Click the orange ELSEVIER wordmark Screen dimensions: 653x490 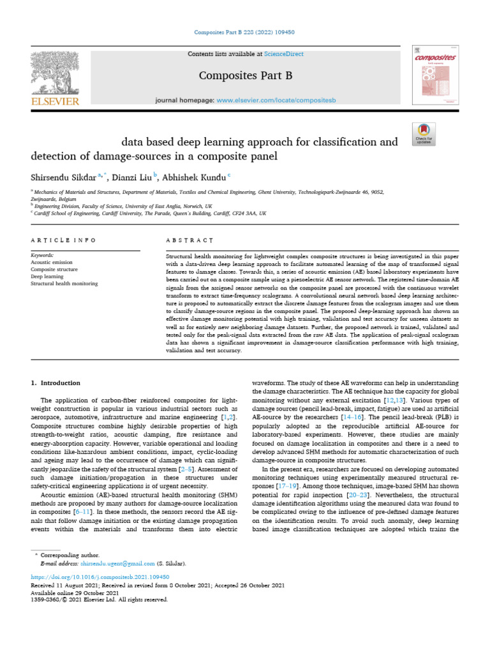(56, 101)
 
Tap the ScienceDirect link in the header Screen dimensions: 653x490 (267, 54)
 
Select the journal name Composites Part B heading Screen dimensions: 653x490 (246, 76)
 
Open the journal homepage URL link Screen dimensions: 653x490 (276, 101)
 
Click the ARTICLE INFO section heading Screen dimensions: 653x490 (63, 240)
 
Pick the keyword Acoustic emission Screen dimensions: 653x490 (52, 261)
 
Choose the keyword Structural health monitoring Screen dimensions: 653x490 (64, 283)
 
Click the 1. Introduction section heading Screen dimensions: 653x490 (56, 383)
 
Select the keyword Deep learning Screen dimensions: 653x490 (47, 276)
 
